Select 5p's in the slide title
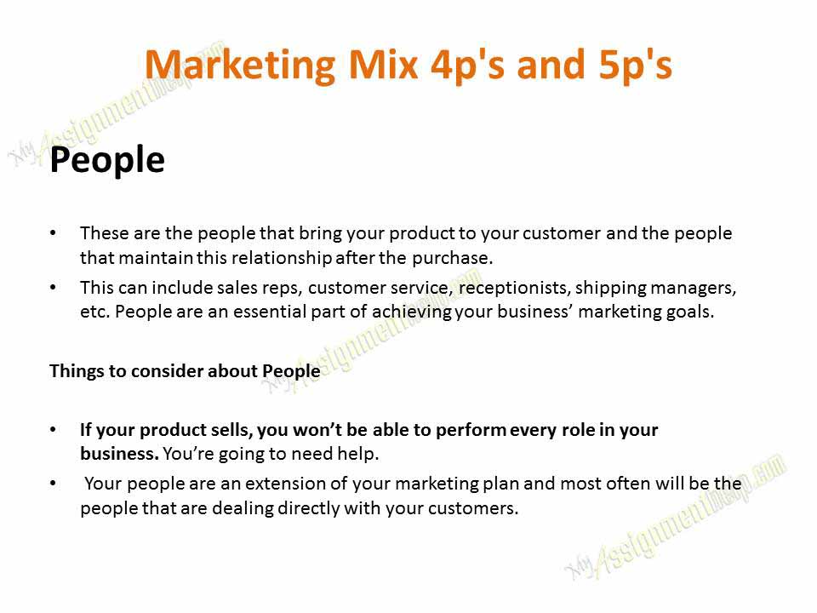point(630,65)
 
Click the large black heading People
point(107,160)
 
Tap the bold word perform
point(471,430)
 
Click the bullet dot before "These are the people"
point(54,232)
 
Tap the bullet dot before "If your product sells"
point(54,430)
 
